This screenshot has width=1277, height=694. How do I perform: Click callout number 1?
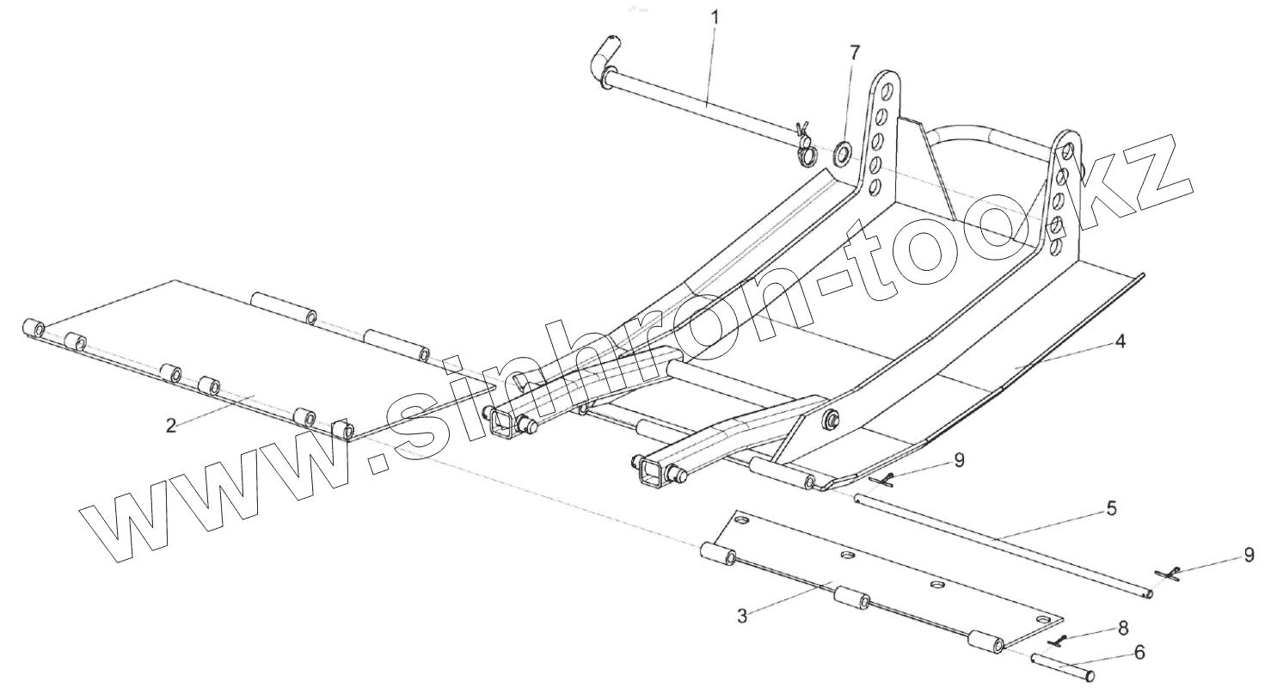point(716,16)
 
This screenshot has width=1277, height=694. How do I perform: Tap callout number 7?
point(853,52)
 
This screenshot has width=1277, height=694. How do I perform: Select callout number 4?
point(1119,341)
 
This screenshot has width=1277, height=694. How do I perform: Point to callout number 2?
point(171,426)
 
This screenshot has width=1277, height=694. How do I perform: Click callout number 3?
point(741,616)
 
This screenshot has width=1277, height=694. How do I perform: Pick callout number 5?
point(1111,509)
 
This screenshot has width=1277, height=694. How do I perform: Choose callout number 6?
point(1139,653)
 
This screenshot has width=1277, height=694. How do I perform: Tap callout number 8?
point(1122,628)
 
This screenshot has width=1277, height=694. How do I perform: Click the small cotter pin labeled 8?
point(1061,641)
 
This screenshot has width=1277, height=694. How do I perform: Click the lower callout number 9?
point(1249,555)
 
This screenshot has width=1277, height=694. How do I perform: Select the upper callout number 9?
point(959,460)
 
